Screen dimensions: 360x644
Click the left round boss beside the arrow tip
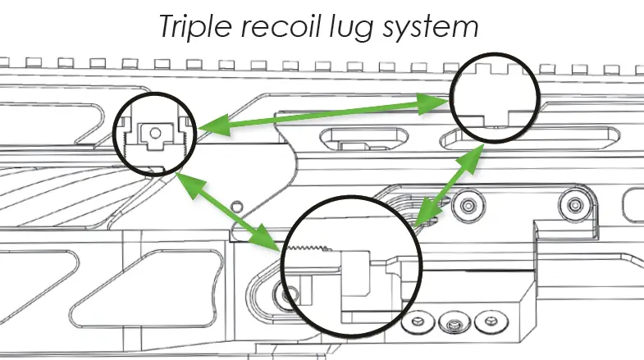coord(468,204)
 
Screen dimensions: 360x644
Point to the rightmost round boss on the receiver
coord(572,204)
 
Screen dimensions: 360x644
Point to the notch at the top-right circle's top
coord(492,67)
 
